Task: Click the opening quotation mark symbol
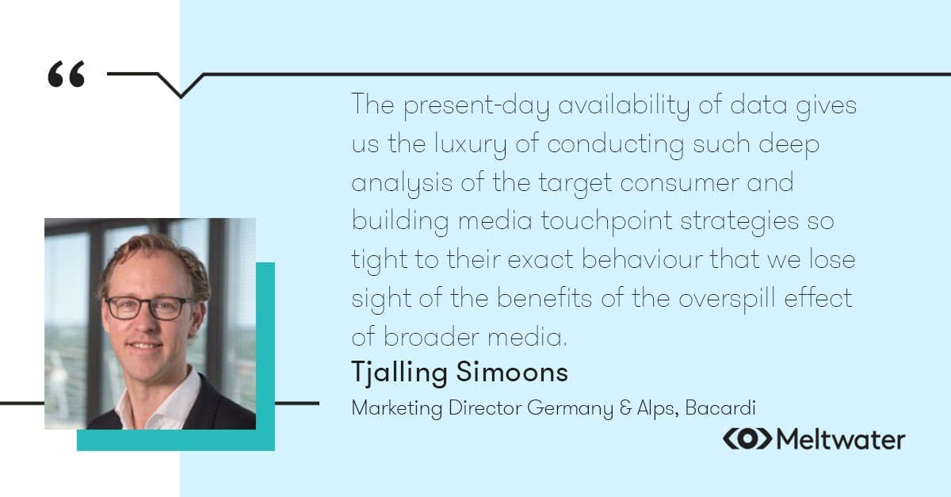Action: click(x=66, y=75)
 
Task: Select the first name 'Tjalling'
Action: click(x=399, y=373)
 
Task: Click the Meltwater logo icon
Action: click(x=747, y=438)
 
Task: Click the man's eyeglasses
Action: click(x=148, y=307)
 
